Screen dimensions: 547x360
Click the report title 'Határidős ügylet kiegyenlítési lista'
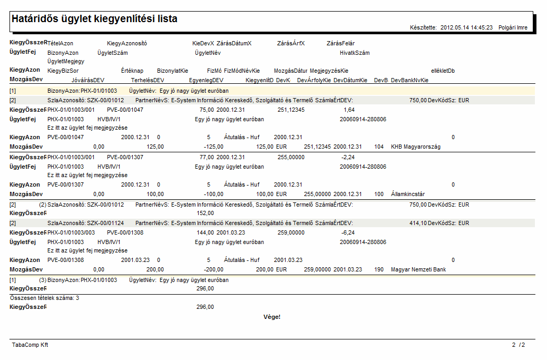point(94,19)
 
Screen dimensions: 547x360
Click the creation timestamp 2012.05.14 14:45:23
point(466,27)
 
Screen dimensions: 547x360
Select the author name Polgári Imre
point(513,27)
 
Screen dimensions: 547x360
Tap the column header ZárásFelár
point(340,43)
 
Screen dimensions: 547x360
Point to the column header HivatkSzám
point(355,53)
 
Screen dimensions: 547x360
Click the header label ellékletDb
point(443,71)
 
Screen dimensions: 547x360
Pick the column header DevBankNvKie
point(409,80)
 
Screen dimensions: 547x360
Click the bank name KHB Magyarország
point(415,147)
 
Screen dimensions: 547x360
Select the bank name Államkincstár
point(408,194)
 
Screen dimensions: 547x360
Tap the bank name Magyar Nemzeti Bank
point(418,270)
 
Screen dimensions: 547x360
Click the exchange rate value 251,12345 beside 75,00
point(291,110)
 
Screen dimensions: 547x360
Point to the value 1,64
point(349,110)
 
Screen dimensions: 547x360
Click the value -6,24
point(348,232)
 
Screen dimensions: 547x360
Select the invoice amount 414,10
point(418,223)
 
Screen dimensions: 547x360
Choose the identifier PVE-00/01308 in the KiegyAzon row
point(65,260)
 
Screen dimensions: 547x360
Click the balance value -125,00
point(213,147)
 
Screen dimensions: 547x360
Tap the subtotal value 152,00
point(205,213)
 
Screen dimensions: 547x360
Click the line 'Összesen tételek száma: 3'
point(45,298)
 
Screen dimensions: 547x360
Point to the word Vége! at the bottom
point(272,317)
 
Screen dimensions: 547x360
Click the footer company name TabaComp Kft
point(30,345)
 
